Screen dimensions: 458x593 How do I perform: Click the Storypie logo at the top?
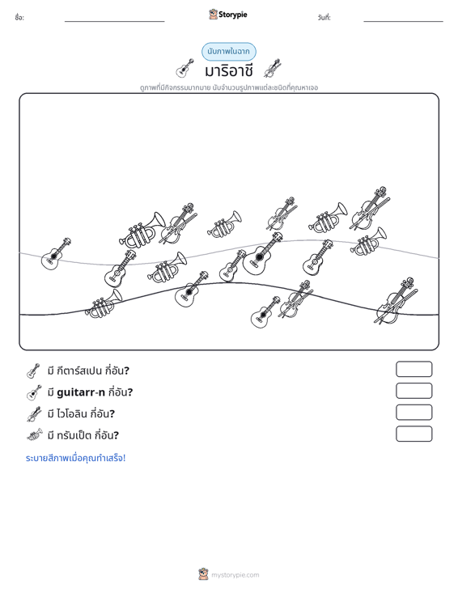point(228,15)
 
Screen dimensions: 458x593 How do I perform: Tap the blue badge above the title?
point(229,52)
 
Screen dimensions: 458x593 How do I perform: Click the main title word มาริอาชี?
point(228,70)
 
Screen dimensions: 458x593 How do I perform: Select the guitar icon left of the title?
point(185,68)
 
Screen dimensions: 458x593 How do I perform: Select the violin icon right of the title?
point(273,68)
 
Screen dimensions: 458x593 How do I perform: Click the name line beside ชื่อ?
point(115,21)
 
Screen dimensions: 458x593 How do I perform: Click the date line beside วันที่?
point(403,21)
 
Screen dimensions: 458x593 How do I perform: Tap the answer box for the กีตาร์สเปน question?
point(414,369)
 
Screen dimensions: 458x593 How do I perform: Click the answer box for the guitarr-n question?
point(414,391)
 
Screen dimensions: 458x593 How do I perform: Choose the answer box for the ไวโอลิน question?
point(414,413)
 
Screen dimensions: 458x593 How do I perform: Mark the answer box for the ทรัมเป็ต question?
point(414,434)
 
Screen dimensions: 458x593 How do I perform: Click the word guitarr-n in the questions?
point(81,392)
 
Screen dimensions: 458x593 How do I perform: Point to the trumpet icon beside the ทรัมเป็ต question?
point(35,435)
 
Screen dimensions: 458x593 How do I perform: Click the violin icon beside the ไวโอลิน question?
point(34,413)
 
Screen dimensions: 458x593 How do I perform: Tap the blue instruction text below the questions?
point(75,458)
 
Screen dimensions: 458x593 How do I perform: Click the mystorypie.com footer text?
point(235,575)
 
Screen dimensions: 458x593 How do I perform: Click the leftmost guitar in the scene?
point(56,254)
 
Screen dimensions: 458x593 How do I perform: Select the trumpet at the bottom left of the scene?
point(104,303)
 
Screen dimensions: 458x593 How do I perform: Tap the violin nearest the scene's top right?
point(370,209)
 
